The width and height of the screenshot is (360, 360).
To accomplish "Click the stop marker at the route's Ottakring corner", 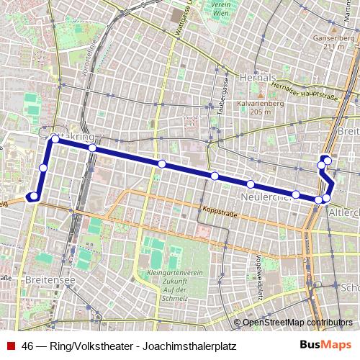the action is click(x=55, y=139).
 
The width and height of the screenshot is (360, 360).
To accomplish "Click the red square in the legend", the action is click(x=9, y=346).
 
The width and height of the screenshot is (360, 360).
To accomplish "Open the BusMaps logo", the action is click(x=325, y=345).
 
